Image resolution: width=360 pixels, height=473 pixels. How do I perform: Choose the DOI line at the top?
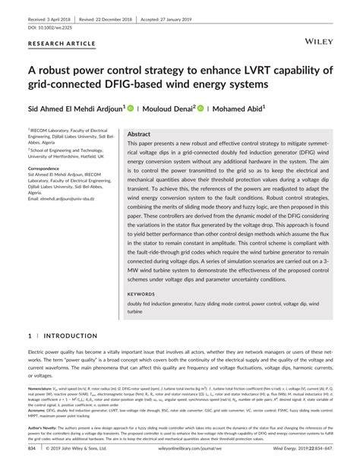51,24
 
